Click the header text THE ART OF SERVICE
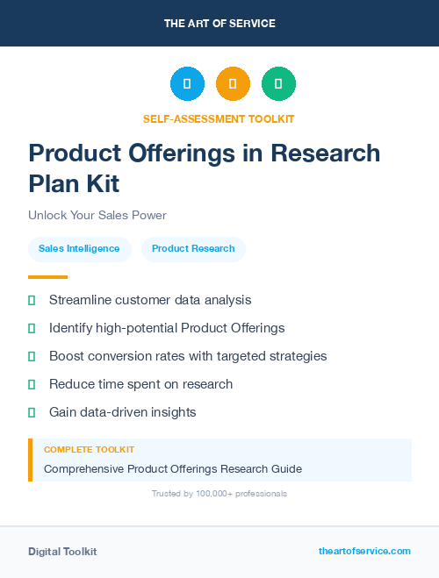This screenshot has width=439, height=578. [x=219, y=24]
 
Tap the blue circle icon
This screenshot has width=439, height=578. [x=187, y=84]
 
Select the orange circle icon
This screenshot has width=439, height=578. [x=233, y=84]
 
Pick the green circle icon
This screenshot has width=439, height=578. [x=278, y=84]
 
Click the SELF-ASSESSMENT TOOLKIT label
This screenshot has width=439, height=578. [x=219, y=118]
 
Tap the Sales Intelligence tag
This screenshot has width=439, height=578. [x=79, y=248]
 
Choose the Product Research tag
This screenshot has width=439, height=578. [x=193, y=248]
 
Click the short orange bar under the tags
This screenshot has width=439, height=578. [x=41, y=276]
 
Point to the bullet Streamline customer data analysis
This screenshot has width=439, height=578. [x=149, y=300]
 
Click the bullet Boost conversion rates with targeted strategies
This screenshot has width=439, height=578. [x=187, y=356]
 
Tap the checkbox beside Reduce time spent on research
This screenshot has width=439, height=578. [x=32, y=384]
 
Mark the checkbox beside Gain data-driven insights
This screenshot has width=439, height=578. [x=32, y=412]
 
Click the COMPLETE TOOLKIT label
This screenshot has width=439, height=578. [x=89, y=449]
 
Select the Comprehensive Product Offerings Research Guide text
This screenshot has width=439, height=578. [x=172, y=469]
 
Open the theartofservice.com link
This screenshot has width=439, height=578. [x=364, y=551]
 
